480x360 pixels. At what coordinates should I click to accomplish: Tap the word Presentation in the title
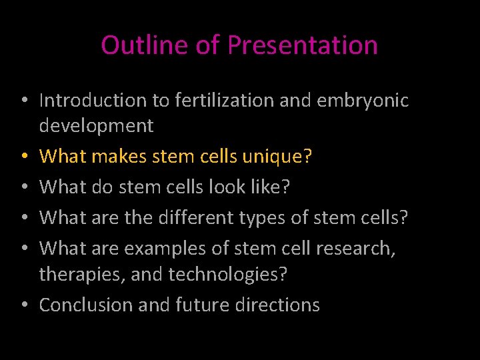(303, 45)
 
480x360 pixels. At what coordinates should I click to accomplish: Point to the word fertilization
(223, 101)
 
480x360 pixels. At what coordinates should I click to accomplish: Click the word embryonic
(362, 101)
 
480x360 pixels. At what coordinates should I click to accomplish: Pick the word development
(97, 125)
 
